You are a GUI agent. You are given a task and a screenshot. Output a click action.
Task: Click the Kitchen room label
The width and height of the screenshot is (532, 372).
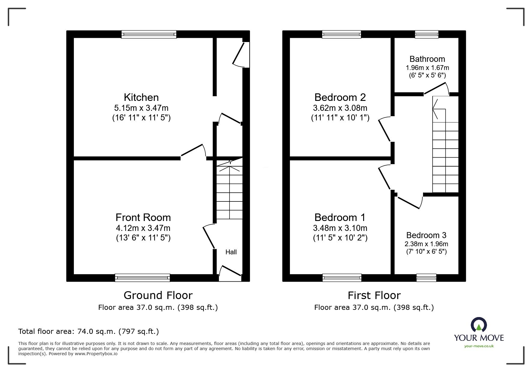[x=141, y=97]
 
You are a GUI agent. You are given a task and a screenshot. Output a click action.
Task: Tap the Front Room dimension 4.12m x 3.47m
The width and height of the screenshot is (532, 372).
[x=143, y=228]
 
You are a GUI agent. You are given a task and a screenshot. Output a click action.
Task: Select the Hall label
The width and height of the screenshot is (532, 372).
[x=231, y=252]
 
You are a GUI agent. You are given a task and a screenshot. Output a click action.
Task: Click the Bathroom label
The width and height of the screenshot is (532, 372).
[x=427, y=59]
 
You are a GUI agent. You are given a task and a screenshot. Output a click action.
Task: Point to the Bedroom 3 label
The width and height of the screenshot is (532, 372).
[x=426, y=235]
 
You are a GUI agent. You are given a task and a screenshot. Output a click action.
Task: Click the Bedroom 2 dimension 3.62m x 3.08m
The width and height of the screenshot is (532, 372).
[x=340, y=108]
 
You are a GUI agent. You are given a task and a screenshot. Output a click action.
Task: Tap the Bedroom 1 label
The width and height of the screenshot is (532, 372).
[x=340, y=217]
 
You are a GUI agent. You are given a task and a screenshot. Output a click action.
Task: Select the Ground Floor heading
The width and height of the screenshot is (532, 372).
[x=158, y=295]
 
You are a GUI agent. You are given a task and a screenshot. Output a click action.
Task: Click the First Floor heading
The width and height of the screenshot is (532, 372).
[x=374, y=295]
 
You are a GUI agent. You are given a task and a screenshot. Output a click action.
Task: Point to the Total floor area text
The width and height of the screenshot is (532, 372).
[x=89, y=331]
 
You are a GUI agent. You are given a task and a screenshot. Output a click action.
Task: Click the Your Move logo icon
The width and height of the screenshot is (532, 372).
[x=479, y=325]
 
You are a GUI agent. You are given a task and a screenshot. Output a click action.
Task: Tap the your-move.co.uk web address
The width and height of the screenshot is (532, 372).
[x=479, y=346]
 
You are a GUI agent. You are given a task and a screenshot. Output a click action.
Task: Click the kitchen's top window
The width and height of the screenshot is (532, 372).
[x=149, y=34]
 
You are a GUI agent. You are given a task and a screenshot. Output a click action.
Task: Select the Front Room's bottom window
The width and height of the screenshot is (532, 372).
[x=142, y=278]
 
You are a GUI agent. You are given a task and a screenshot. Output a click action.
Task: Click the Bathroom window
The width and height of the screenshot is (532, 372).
[x=427, y=34]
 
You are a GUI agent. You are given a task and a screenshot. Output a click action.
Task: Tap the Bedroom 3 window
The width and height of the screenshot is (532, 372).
[x=426, y=278]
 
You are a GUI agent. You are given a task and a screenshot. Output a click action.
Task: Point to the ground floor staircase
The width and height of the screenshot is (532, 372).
[x=230, y=192]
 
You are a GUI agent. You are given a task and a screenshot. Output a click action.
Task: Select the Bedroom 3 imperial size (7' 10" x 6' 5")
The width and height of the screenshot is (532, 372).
[x=426, y=252]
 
